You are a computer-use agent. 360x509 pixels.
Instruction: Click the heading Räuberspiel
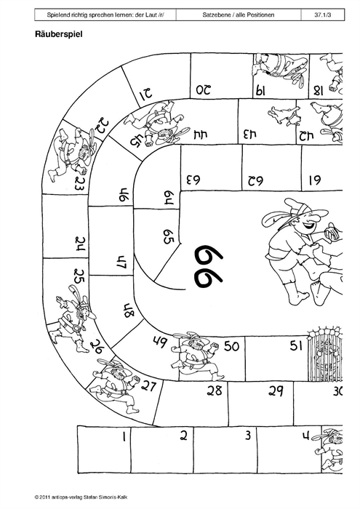[59, 34]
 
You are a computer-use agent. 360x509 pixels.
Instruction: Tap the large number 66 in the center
[209, 266]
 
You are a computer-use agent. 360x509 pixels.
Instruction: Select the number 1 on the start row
[124, 436]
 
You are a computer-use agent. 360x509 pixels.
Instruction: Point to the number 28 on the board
[215, 390]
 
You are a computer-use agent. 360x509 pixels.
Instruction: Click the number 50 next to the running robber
[232, 346]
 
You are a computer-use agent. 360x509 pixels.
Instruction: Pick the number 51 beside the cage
[297, 345]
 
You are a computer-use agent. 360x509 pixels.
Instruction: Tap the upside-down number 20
[204, 90]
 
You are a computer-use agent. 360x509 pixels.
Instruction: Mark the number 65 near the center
[169, 236]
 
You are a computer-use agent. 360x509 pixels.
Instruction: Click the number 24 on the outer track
[80, 244]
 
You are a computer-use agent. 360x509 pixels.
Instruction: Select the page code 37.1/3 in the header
[322, 15]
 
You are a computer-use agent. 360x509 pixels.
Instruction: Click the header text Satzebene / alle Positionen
[239, 15]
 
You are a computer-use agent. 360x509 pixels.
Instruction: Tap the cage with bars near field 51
[324, 355]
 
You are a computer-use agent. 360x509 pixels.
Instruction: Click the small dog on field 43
[284, 116]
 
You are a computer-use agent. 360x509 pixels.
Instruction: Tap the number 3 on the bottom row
[248, 435]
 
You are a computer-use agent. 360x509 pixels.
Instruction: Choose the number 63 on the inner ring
[193, 179]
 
